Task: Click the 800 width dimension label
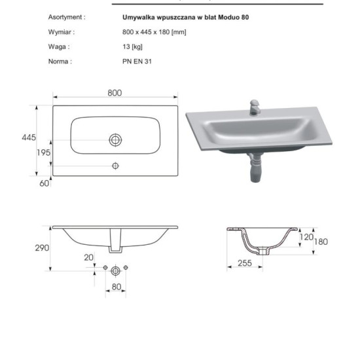115,93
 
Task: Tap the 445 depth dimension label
29,137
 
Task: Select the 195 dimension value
43,153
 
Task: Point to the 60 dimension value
45,183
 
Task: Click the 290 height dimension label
42,247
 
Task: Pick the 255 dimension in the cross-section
245,263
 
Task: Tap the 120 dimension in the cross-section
306,237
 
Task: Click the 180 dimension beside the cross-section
321,242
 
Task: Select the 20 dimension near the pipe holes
88,257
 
